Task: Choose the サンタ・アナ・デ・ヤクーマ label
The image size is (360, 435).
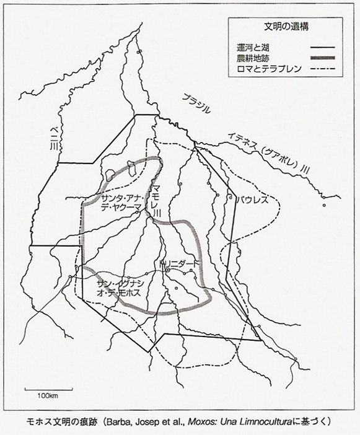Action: coord(120,203)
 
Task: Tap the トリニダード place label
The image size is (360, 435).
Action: coord(180,263)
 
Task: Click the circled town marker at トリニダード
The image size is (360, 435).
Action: coord(167,270)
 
